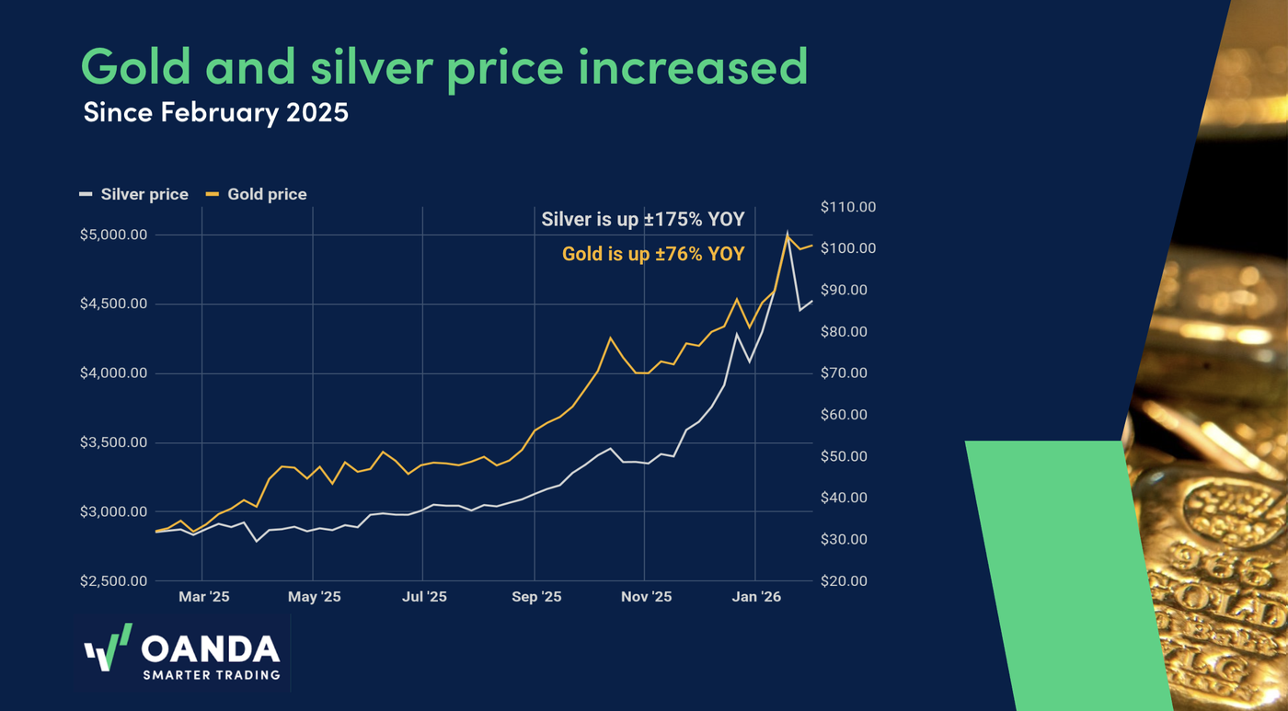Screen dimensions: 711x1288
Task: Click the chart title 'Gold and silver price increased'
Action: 444,67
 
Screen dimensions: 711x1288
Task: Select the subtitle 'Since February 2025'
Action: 215,113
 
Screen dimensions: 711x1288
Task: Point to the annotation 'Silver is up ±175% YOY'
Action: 642,220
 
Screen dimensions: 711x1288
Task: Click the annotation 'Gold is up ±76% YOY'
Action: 653,254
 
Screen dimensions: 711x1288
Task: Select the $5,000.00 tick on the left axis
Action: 113,235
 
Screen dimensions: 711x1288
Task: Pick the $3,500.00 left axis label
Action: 113,442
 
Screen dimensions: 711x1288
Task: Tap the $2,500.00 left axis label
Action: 113,581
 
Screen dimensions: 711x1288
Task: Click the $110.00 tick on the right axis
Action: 847,207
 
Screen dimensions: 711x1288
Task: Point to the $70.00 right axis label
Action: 844,373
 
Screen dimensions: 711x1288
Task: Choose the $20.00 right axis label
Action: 844,581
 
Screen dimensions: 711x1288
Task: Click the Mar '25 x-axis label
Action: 203,597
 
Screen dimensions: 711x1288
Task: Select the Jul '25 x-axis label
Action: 424,597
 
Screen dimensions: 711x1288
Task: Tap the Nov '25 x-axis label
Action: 646,597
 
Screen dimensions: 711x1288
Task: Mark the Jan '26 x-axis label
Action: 756,597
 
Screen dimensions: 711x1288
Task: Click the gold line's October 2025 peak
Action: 610,338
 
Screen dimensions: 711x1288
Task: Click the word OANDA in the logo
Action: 211,649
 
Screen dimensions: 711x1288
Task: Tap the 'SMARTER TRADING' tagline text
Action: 211,675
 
